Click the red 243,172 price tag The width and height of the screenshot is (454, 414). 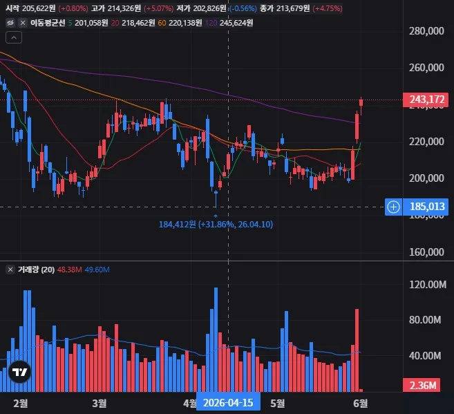click(x=426, y=100)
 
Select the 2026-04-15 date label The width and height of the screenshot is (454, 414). click(x=228, y=403)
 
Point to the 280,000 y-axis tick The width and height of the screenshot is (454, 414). click(x=426, y=31)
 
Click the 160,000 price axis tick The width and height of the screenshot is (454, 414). click(x=426, y=252)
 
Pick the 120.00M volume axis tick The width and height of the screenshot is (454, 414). click(x=428, y=285)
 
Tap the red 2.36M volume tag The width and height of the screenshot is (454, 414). click(x=422, y=386)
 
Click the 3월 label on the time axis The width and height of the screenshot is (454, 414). click(x=100, y=404)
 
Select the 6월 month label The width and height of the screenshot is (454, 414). click(x=361, y=404)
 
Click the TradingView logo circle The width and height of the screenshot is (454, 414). click(x=19, y=372)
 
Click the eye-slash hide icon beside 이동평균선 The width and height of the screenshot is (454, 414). click(x=11, y=23)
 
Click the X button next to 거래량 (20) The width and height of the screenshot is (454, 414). click(x=10, y=270)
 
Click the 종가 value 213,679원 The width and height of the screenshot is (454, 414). click(x=293, y=8)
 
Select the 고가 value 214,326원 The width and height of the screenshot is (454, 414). click(x=124, y=8)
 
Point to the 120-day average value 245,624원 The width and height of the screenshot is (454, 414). click(x=236, y=23)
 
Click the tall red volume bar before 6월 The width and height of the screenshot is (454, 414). click(x=357, y=350)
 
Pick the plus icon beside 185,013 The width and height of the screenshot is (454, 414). click(x=393, y=207)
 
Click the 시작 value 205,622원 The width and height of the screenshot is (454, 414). click(x=39, y=8)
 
